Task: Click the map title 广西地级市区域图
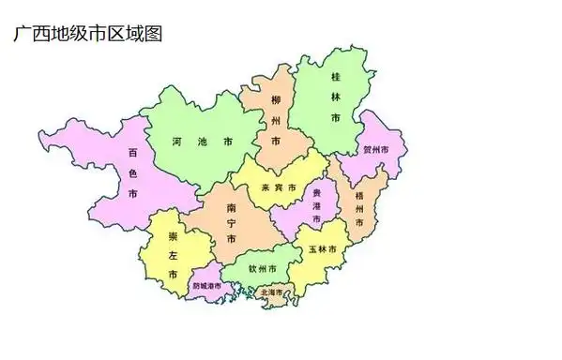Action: point(88,34)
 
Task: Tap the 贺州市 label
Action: point(383,150)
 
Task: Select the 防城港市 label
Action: point(206,285)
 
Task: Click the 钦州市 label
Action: point(263,269)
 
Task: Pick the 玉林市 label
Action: point(322,249)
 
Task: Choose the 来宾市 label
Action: point(278,188)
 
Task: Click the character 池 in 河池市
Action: point(202,142)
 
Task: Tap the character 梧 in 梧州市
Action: point(361,196)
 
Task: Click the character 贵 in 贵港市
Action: point(316,191)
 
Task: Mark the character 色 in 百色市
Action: point(133,172)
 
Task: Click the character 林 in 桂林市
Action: point(335,95)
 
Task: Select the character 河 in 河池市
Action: point(177,142)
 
